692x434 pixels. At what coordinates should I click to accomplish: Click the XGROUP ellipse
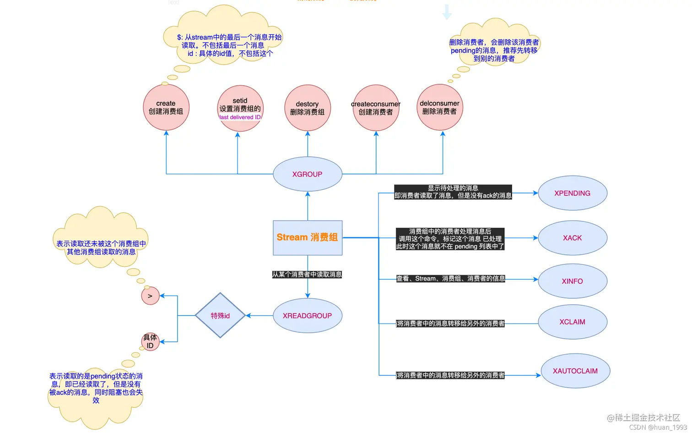(307, 174)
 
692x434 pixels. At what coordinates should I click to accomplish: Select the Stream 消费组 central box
(307, 237)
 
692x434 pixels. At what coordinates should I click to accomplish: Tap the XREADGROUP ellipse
(307, 316)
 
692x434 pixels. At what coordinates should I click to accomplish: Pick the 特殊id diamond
(220, 316)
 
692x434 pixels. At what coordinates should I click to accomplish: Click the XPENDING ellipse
(572, 193)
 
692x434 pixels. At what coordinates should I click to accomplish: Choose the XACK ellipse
(572, 238)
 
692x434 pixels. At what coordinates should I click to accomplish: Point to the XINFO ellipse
(572, 281)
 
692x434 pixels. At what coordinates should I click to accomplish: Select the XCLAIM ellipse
(572, 322)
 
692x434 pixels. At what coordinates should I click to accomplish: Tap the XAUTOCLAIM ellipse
(575, 371)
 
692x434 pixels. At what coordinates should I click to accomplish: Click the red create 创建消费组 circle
(166, 108)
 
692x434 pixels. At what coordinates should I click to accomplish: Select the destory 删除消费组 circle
(307, 108)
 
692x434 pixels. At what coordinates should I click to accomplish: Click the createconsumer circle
(376, 108)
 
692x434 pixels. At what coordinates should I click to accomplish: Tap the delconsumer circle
(439, 107)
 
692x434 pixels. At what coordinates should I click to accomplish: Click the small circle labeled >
(150, 296)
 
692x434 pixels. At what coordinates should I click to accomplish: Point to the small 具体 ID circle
(150, 341)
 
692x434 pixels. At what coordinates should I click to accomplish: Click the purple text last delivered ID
(240, 117)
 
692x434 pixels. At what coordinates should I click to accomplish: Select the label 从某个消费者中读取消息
(307, 275)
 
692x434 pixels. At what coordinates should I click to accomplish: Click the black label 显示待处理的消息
(453, 188)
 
